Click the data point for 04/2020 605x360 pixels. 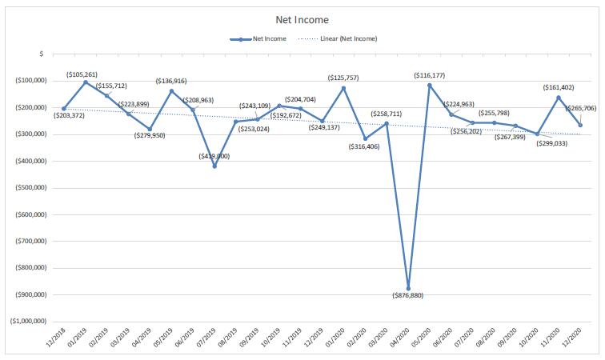408,288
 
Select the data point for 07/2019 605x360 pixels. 214,166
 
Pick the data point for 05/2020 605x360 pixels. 430,85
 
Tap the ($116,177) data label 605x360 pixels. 431,75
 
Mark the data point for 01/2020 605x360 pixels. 343,87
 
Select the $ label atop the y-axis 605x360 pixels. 41,54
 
